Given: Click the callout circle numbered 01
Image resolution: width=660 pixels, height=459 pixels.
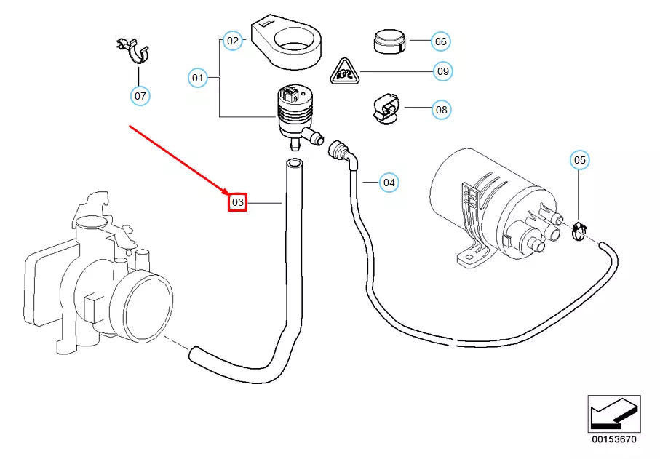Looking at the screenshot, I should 198,76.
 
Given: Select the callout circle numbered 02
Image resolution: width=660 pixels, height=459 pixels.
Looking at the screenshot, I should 232,41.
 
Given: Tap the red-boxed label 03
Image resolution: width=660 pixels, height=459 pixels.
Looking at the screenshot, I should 239,202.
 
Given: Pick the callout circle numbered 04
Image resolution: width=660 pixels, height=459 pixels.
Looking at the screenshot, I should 389,182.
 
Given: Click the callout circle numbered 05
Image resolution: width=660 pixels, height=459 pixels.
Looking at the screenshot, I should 579,159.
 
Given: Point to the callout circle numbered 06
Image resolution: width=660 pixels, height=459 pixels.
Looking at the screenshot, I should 440,41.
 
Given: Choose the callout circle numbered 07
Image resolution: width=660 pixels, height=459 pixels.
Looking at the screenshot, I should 140,95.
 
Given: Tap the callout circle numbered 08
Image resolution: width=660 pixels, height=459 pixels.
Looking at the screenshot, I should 441,111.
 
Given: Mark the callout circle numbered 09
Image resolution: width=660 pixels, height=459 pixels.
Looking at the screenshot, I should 442,71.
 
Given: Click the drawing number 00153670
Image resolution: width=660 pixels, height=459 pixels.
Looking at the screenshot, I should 614,439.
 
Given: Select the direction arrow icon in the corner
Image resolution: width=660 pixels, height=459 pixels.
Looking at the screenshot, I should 614,414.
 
